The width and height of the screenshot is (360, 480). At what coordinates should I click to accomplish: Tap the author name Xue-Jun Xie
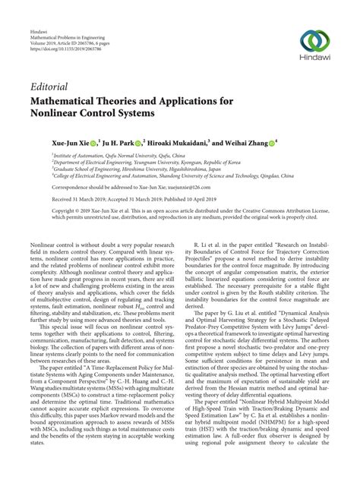click(55, 141)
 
